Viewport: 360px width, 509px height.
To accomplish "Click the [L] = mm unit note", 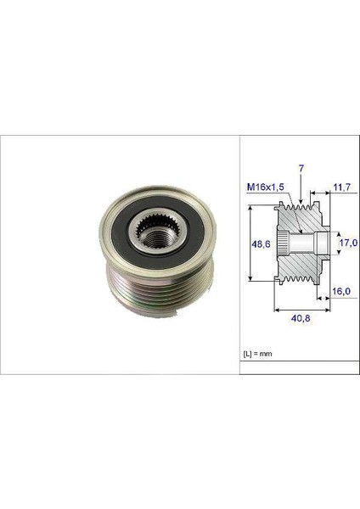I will point(260,350).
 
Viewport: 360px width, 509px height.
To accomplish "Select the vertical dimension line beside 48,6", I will point(251,246).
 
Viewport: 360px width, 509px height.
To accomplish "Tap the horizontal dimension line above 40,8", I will point(301,310).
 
